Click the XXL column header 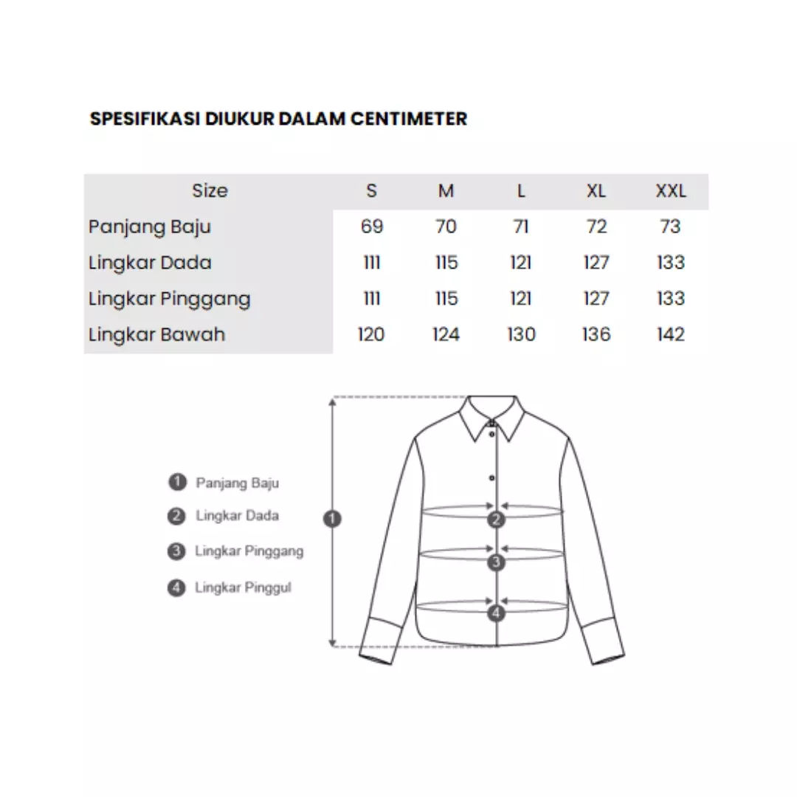670,191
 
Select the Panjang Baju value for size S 372,227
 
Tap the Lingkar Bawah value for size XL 596,335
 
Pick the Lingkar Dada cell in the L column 521,263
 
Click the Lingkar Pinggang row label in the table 169,299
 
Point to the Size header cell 210,191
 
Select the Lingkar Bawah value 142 670,335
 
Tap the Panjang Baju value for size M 446,227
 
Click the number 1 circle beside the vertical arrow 333,519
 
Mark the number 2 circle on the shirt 497,519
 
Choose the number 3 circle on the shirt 497,562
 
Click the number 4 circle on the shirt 497,613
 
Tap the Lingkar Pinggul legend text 243,588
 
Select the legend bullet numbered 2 176,517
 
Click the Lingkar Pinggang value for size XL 596,299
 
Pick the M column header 446,191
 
